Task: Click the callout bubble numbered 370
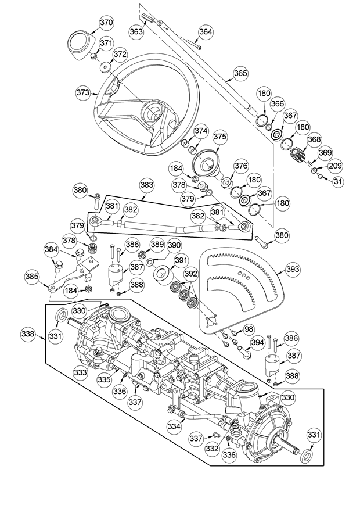point(106,23)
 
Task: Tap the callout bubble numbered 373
point(83,92)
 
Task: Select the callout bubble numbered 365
point(240,73)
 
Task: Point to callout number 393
point(293,269)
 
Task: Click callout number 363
point(136,31)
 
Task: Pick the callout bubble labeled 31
point(337,181)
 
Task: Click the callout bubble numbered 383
point(147,185)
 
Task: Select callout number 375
point(220,137)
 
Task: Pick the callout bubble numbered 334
point(175,425)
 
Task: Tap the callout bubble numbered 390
point(175,245)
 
